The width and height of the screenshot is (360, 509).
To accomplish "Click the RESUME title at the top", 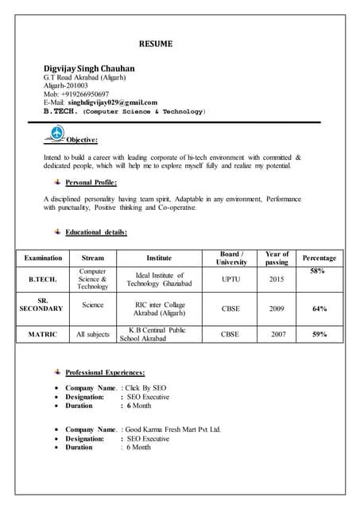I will click(x=156, y=43).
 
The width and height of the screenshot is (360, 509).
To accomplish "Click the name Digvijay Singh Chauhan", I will click(x=89, y=68).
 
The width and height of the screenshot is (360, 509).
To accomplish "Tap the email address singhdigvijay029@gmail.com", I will click(x=113, y=103).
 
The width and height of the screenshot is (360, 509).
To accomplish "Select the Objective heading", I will click(x=82, y=140).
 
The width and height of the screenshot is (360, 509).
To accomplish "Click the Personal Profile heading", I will click(x=95, y=182).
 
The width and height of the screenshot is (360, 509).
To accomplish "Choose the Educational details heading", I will click(x=96, y=232).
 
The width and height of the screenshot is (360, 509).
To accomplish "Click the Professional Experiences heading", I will click(x=105, y=372).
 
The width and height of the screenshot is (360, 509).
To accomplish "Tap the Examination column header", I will click(x=43, y=258).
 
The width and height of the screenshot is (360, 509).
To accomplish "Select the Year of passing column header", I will click(x=277, y=258).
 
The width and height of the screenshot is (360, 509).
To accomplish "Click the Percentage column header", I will click(x=319, y=258).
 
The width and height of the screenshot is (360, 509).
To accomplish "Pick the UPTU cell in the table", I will click(x=230, y=280).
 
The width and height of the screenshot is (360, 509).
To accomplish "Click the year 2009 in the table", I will click(x=277, y=309).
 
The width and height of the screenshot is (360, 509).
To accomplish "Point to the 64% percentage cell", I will click(x=319, y=309).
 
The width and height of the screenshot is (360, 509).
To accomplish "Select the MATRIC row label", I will click(x=43, y=335).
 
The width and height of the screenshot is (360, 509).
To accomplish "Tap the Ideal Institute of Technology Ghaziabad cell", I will click(x=159, y=280).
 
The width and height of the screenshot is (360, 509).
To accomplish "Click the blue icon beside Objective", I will click(x=57, y=134).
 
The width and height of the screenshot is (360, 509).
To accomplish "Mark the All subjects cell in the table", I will click(x=93, y=335).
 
